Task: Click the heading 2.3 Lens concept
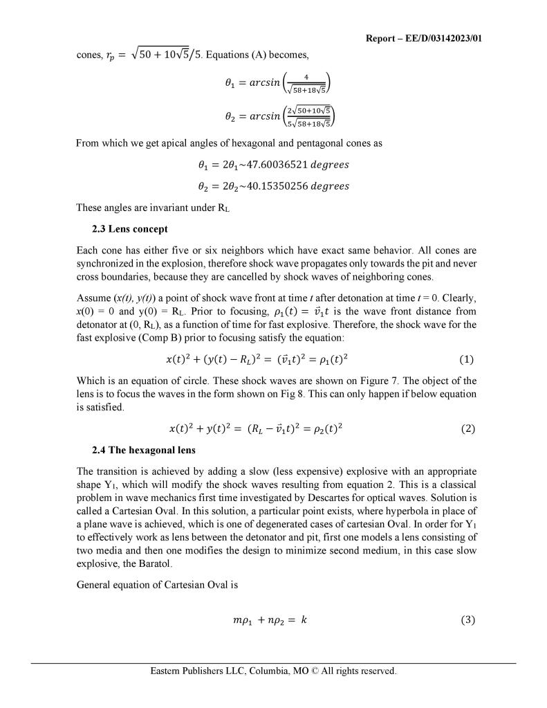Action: click(129, 228)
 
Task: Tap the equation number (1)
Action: click(467, 360)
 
